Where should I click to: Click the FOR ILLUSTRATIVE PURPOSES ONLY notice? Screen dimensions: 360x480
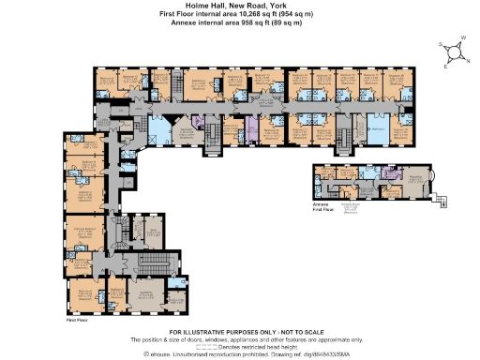(240, 332)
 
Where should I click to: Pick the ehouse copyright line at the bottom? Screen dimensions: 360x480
(240, 353)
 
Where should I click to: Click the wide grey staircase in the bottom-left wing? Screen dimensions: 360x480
(150, 264)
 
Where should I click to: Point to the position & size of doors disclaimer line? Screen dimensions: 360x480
(240, 338)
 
